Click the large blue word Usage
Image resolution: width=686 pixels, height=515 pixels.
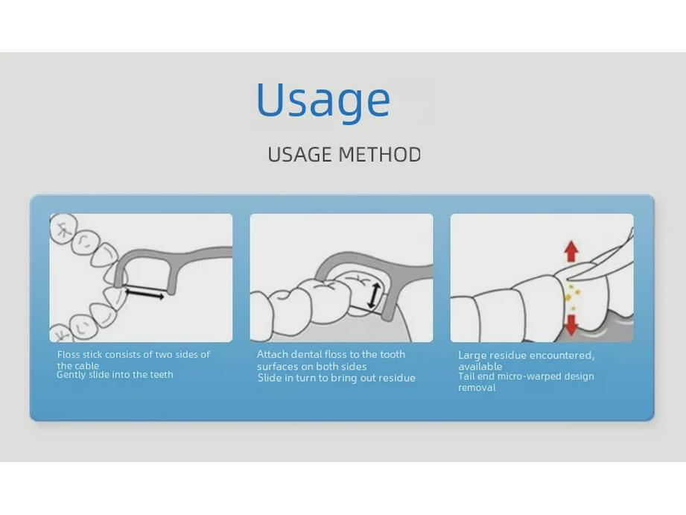coord(323,101)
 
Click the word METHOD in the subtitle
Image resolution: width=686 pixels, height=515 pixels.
coord(380,154)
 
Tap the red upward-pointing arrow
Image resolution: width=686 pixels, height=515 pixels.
coord(571,251)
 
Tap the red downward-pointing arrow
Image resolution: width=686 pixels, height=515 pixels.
coord(571,325)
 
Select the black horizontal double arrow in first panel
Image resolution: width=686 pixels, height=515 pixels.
coord(144,293)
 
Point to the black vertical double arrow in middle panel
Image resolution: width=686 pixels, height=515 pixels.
coord(372,295)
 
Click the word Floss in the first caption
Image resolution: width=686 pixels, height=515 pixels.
coord(69,354)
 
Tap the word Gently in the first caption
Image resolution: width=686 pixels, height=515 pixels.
coord(71,375)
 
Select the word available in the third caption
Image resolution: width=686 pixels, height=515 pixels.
coord(480,366)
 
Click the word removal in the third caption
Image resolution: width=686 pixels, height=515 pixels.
coord(477,388)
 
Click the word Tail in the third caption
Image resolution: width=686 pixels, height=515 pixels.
coord(466,376)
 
